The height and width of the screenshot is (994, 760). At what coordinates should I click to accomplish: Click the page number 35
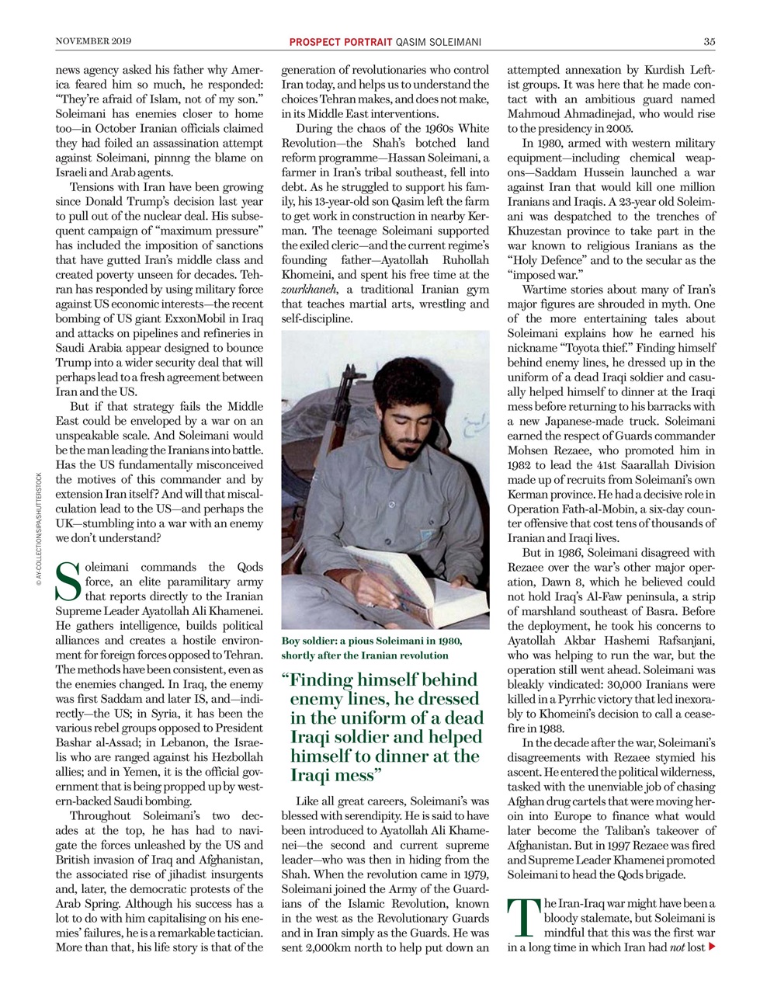(709, 41)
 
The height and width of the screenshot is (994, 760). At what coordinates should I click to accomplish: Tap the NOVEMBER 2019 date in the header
(94, 41)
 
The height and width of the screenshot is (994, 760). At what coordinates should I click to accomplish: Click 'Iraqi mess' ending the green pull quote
(334, 775)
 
